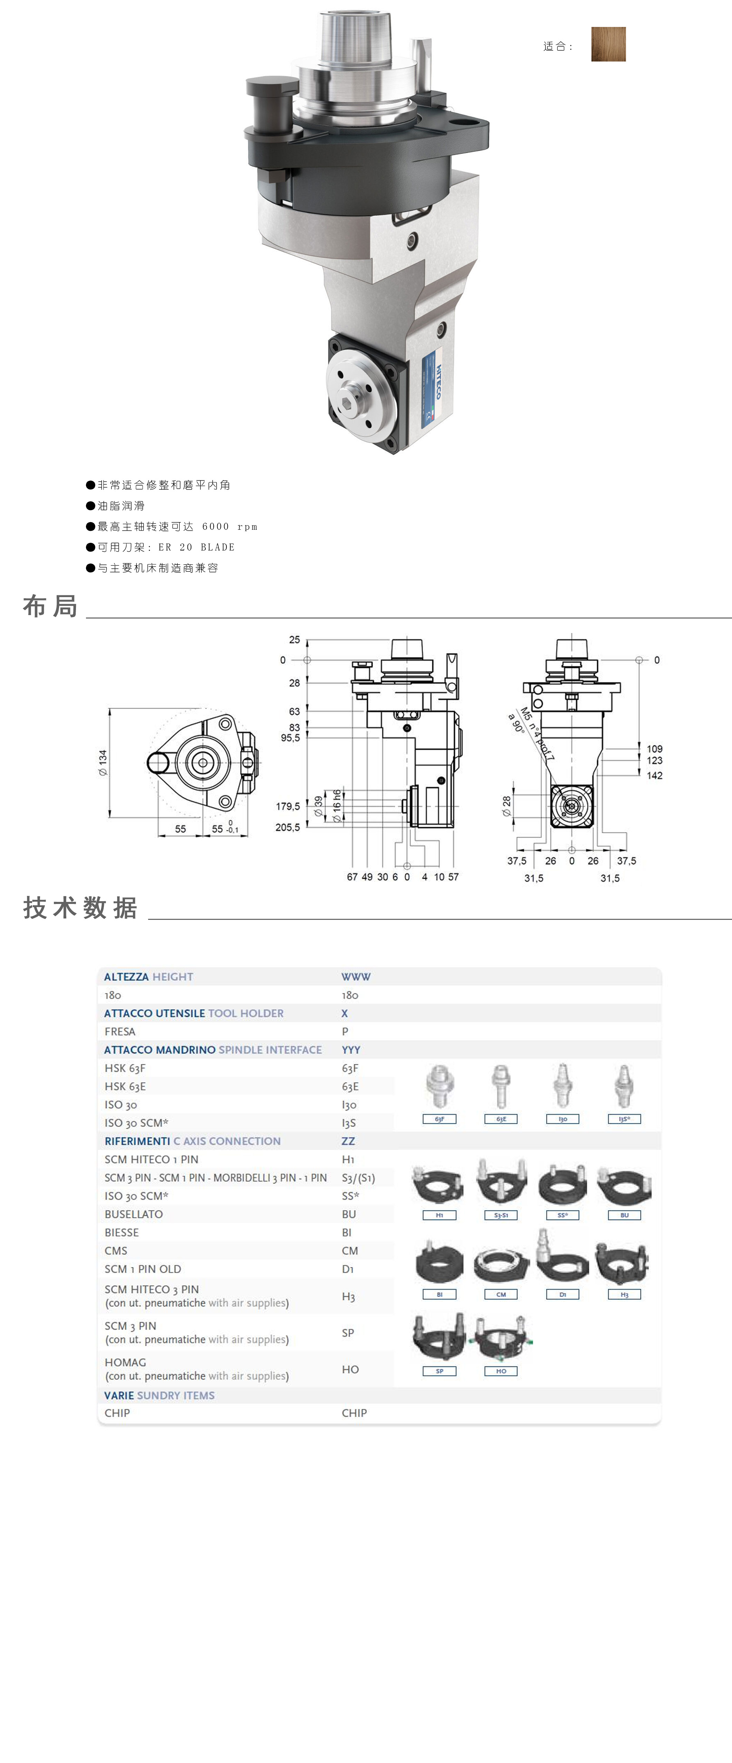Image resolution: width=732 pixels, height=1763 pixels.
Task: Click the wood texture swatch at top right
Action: [x=608, y=45]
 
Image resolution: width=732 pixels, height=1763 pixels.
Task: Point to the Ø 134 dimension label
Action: [x=103, y=762]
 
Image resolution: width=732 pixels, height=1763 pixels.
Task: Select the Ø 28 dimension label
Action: [x=506, y=805]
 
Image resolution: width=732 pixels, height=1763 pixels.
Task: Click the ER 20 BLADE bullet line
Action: [x=166, y=547]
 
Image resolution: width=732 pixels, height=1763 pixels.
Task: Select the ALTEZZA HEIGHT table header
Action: [x=148, y=977]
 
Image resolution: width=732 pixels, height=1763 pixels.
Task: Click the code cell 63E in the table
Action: [x=349, y=1086]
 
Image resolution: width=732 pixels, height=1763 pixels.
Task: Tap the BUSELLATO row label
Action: [x=133, y=1214]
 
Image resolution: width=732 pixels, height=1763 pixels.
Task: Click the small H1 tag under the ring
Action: [x=439, y=1215]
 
